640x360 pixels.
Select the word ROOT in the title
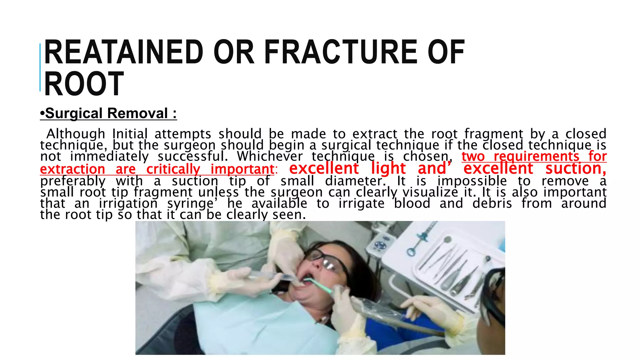pos(84,84)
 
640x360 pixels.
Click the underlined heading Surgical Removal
pos(108,113)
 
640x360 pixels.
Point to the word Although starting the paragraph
pos(76,134)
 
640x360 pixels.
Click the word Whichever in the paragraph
pos(270,156)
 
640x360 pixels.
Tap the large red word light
pos(388,168)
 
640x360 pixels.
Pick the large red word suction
pos(576,168)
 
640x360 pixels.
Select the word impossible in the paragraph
pos(472,181)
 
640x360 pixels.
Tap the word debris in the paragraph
pos(492,203)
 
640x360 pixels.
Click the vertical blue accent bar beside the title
pos(40,67)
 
